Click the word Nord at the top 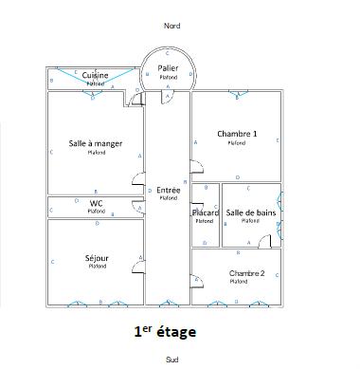tap(171, 27)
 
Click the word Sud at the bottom tap(171, 360)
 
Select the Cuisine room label tap(95, 75)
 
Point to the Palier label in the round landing tap(169, 67)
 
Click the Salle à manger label tap(96, 143)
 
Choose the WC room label tap(96, 203)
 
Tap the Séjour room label tap(96, 258)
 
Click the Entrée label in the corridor tap(169, 190)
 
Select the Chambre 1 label tap(237, 134)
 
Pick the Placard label tap(206, 212)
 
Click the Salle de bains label tap(251, 212)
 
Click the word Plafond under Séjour tap(96, 267)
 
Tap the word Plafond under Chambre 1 tap(237, 143)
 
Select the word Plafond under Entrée tap(169, 198)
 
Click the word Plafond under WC tap(96, 212)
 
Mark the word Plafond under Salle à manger tap(96, 152)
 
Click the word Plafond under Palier tap(169, 76)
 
